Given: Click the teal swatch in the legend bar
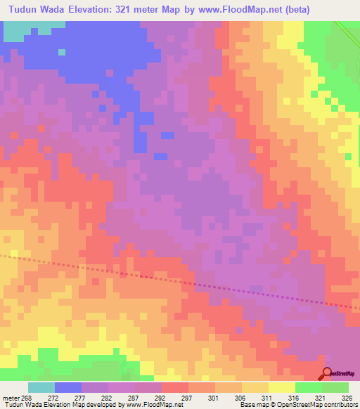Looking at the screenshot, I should point(41,387).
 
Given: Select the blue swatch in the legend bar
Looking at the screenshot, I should point(68,387).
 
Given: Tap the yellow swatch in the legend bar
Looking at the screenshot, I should point(281,387).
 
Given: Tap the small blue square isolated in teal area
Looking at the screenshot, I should point(62,51).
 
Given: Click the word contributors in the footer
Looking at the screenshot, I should point(340,405).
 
